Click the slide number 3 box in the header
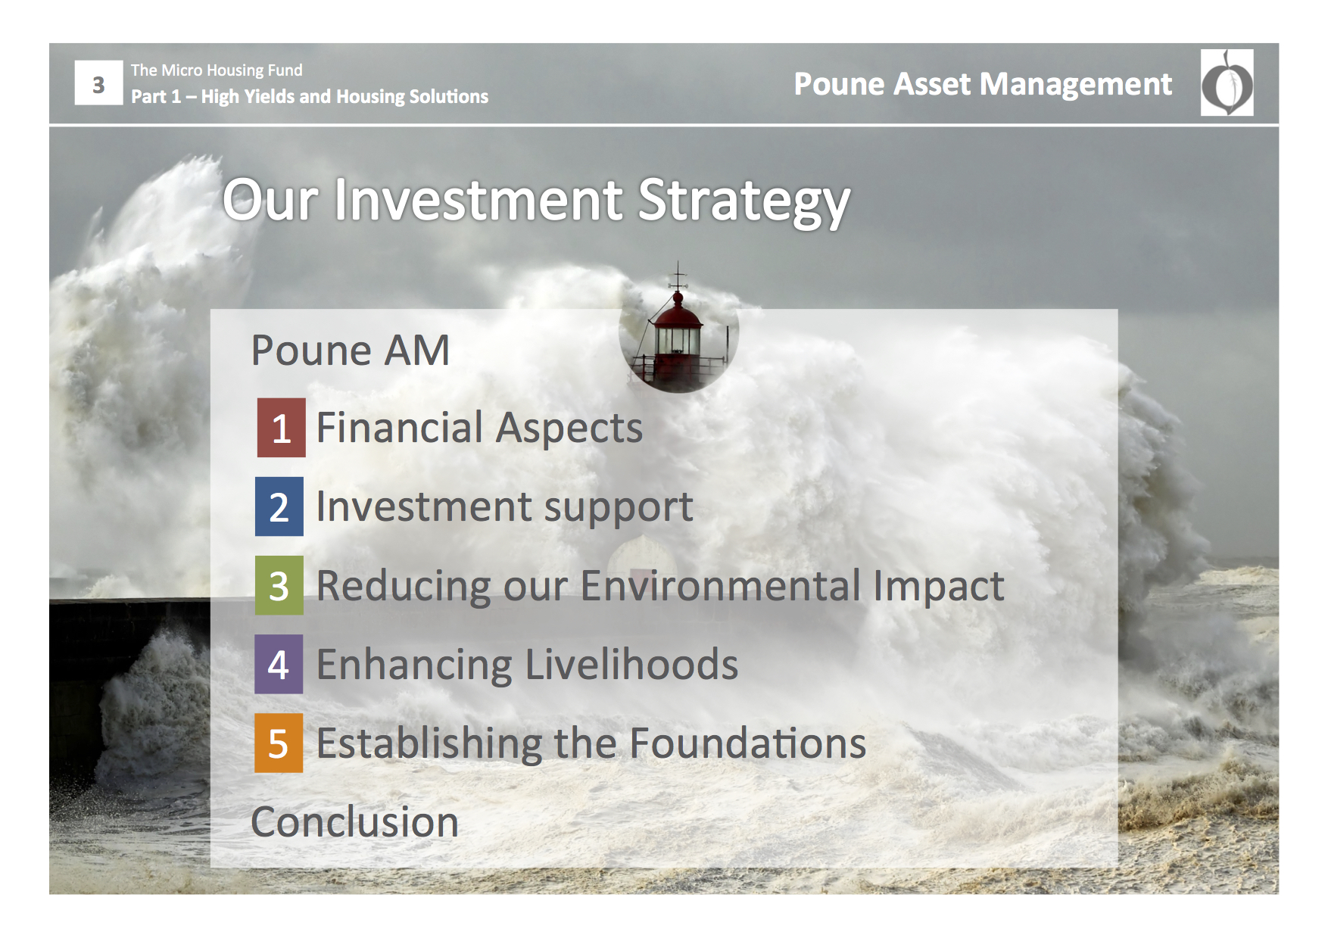[x=98, y=83]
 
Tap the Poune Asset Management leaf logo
[x=1227, y=83]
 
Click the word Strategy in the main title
[x=743, y=202]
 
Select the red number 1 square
[x=281, y=428]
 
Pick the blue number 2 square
[x=279, y=506]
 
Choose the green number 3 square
[x=279, y=585]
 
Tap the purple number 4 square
[x=279, y=664]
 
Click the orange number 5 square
[x=279, y=743]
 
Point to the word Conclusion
[x=354, y=822]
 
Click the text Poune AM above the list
[x=351, y=351]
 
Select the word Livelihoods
[x=631, y=664]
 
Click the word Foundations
[x=747, y=743]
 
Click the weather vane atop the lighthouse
[x=678, y=276]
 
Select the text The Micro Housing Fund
[x=217, y=70]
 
